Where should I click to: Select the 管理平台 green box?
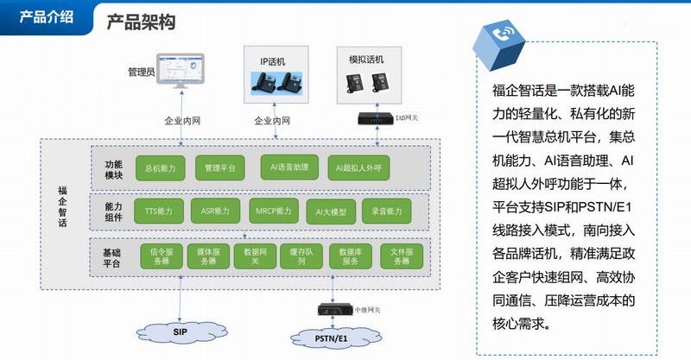[220, 168]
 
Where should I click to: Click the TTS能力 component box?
[160, 211]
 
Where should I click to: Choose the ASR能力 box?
[215, 211]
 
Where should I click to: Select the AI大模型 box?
[331, 211]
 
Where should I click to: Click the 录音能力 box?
[387, 211]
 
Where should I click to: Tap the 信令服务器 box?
[162, 256]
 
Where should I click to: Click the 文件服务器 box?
[401, 256]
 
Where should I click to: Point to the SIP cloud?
[180, 331]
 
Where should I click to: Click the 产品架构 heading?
[141, 22]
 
